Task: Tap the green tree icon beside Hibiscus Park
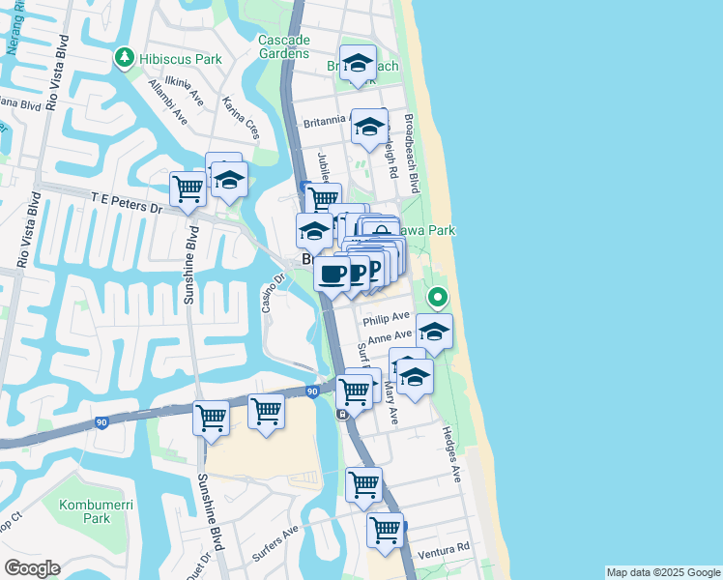click(124, 59)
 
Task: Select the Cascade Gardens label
click(284, 46)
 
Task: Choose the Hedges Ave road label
click(453, 456)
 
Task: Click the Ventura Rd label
click(448, 548)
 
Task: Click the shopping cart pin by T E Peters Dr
click(187, 188)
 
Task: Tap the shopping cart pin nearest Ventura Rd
click(385, 529)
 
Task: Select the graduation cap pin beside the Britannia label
click(368, 127)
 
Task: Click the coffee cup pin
click(332, 274)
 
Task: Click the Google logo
click(31, 568)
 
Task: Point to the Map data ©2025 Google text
click(662, 572)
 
